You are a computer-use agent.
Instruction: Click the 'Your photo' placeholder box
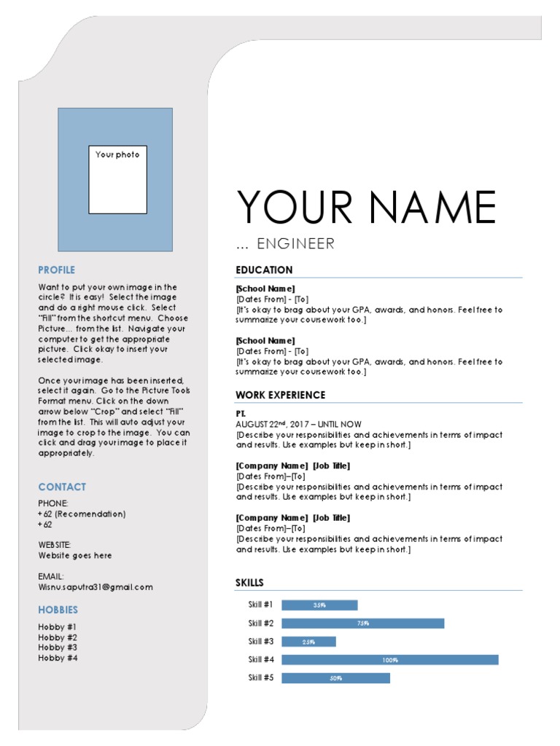click(x=117, y=179)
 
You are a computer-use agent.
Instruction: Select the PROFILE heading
click(x=57, y=270)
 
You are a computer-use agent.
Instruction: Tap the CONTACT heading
click(x=62, y=487)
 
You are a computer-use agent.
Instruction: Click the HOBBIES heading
click(x=58, y=610)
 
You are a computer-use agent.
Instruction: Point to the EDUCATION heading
click(x=264, y=270)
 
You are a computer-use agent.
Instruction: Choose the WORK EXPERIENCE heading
click(x=280, y=395)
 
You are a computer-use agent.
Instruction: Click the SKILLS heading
click(x=249, y=582)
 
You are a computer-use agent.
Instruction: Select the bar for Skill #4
click(x=389, y=660)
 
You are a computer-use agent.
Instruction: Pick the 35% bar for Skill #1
click(x=319, y=605)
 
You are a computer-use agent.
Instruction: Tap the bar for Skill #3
click(x=308, y=642)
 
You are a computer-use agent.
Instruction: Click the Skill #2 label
click(x=260, y=623)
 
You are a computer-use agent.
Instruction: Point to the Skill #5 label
click(x=260, y=678)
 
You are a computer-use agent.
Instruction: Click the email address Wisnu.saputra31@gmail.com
click(x=96, y=586)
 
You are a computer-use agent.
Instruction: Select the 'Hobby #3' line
click(x=58, y=647)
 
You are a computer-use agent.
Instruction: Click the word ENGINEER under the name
click(x=295, y=243)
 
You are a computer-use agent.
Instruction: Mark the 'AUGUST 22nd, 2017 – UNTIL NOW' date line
click(x=298, y=424)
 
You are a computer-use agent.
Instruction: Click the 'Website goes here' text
click(x=75, y=555)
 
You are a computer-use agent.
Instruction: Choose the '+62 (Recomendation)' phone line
click(x=82, y=514)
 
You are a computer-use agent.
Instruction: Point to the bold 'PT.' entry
click(x=241, y=413)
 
